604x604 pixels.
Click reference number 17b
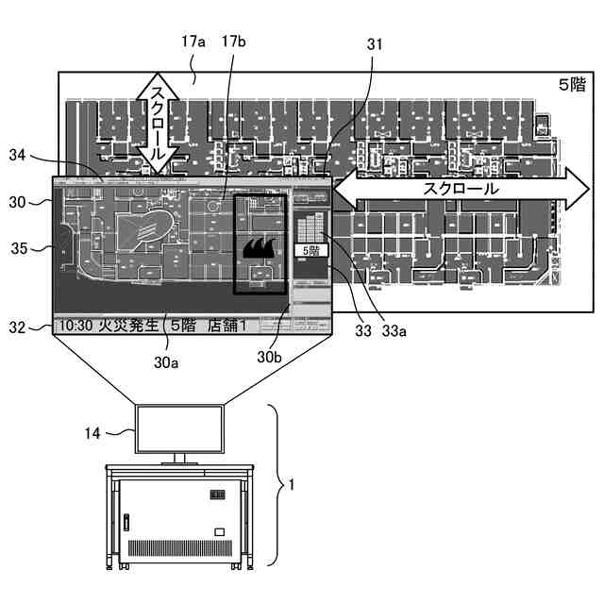233,42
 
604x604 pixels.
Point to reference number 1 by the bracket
292,484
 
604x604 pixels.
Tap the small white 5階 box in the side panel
309,251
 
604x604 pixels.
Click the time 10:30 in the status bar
76,326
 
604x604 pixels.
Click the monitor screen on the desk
180,428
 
